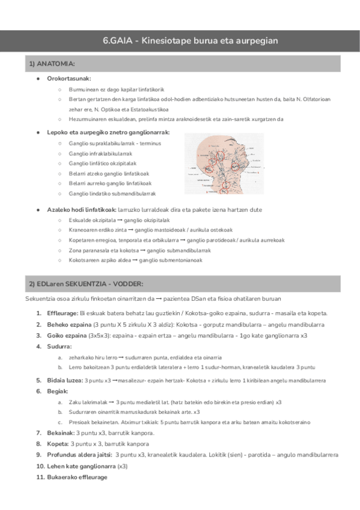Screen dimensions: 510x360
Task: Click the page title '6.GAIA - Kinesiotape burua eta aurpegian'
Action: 190,41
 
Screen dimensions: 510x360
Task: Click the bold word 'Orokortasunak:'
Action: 69,79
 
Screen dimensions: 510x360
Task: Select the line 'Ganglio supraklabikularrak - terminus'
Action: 115,144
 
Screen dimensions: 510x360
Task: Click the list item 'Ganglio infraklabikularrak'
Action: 100,153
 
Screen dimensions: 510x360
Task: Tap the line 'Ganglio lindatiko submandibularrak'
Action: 112,193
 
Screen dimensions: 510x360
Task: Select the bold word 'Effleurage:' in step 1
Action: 62,313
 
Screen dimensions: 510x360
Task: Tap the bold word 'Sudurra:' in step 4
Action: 59,346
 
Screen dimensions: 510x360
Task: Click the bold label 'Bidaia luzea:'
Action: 66,380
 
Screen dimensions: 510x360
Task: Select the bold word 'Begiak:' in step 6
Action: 58,391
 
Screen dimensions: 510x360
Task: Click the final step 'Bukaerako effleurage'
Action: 76,477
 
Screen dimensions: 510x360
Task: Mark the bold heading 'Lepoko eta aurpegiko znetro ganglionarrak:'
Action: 108,132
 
